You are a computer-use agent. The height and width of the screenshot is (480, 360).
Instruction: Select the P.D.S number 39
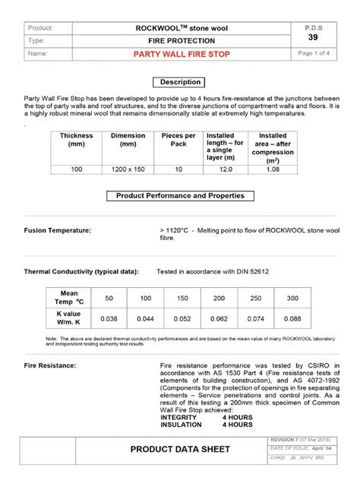tap(313, 37)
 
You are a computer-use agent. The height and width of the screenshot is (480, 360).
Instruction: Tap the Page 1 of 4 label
tap(313, 54)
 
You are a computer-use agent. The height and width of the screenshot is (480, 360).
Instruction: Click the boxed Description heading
tap(180, 82)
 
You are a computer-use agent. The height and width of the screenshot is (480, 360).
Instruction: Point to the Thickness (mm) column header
tap(77, 140)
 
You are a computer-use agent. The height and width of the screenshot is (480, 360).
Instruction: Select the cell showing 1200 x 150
tap(128, 171)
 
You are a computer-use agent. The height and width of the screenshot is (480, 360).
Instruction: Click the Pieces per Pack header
tap(178, 140)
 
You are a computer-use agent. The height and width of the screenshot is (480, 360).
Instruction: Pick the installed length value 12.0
tap(226, 171)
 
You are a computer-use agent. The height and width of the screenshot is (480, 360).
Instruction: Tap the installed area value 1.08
tap(273, 171)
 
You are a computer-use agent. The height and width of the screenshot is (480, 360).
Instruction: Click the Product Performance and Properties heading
tap(180, 196)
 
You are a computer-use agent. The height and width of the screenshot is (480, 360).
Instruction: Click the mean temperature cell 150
tap(182, 297)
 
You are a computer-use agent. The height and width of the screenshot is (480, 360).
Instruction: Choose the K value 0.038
tap(109, 318)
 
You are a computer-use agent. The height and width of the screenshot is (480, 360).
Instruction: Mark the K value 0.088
tap(292, 318)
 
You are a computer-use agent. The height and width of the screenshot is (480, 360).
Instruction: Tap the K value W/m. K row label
tap(70, 318)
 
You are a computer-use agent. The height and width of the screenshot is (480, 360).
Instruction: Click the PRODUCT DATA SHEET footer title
tap(179, 450)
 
